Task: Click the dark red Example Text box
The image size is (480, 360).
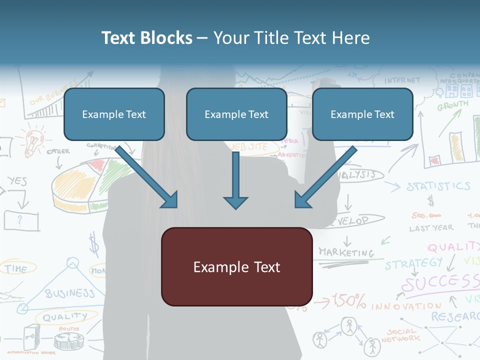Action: point(236,266)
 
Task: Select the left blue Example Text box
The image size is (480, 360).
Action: point(114,114)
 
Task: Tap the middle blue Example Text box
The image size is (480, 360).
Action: point(236,114)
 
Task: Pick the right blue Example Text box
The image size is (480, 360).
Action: point(362,114)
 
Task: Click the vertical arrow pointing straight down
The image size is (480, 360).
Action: point(235,180)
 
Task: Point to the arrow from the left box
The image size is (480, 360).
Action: point(147,177)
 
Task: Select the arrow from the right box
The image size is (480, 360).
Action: point(325,177)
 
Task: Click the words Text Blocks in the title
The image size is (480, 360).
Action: point(146,38)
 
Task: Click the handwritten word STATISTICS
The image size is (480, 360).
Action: point(438,187)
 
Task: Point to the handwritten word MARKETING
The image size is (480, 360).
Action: point(346,252)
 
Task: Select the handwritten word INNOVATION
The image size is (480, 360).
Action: point(406,305)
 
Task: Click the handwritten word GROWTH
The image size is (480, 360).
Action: point(453,106)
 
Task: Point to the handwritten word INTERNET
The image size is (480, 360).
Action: point(402,80)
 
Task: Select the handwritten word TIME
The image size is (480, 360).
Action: point(16,269)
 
